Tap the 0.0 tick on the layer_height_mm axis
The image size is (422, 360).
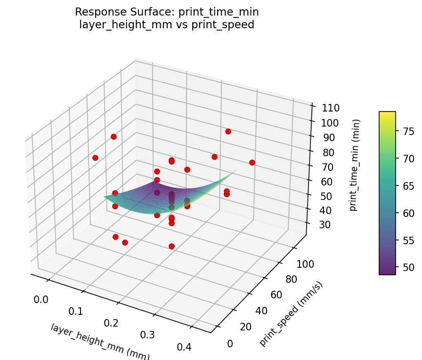[x=41, y=299]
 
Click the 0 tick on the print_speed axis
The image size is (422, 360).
[x=230, y=344]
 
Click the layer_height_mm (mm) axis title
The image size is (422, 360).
[x=100, y=341]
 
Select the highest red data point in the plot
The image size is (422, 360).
[x=228, y=131]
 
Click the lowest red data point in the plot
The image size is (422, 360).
[x=171, y=246]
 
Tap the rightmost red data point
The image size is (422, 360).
[x=252, y=162]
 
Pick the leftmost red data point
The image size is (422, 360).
[x=96, y=158]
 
